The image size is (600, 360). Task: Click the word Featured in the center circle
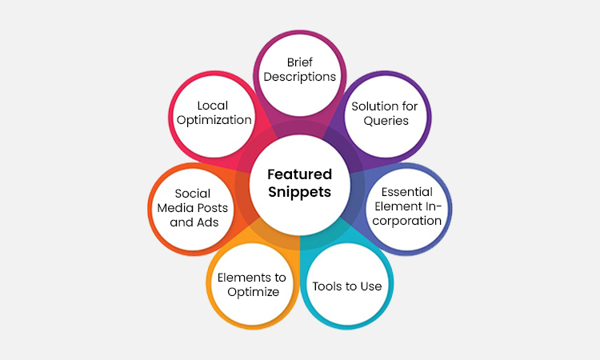coord(300,174)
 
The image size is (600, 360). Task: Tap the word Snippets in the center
coord(300,192)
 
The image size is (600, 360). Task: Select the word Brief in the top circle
coord(300,62)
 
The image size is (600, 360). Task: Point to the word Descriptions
coord(300,77)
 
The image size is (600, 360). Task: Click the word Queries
coord(386,121)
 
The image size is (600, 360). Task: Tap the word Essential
coord(406,192)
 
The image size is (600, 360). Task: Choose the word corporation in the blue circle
coord(406,221)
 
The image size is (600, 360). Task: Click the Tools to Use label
coord(347,286)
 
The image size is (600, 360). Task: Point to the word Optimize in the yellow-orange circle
coord(254,292)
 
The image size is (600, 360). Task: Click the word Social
coord(193,193)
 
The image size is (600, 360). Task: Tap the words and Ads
coord(194,222)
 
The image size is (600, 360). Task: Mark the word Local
coord(212,106)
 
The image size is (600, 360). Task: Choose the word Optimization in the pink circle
coord(214,120)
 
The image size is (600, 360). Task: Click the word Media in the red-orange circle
coord(175,208)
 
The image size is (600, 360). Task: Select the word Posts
coord(212,208)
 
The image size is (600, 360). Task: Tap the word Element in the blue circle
coord(398,206)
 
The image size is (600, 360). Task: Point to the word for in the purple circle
coord(410,106)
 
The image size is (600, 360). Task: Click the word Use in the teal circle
coord(371,286)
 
